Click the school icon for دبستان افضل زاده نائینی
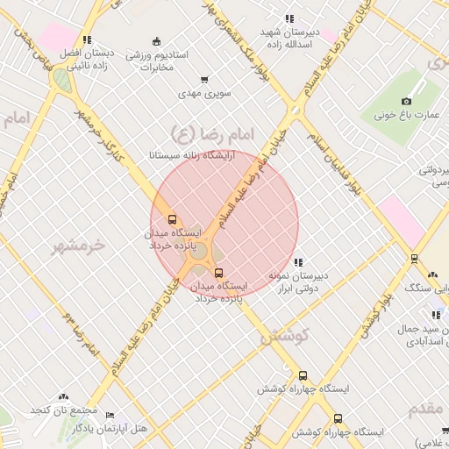(x=86, y=39)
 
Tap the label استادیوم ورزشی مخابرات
(x=157, y=61)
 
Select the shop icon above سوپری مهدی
(x=204, y=80)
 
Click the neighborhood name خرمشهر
(x=77, y=246)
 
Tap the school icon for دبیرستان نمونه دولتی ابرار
(x=299, y=262)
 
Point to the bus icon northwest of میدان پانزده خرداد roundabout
(x=172, y=219)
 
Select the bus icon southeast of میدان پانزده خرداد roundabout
(x=218, y=273)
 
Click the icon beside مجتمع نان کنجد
(x=63, y=397)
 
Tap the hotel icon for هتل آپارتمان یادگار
(x=110, y=415)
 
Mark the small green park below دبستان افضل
(x=61, y=80)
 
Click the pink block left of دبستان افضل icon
(x=57, y=36)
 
